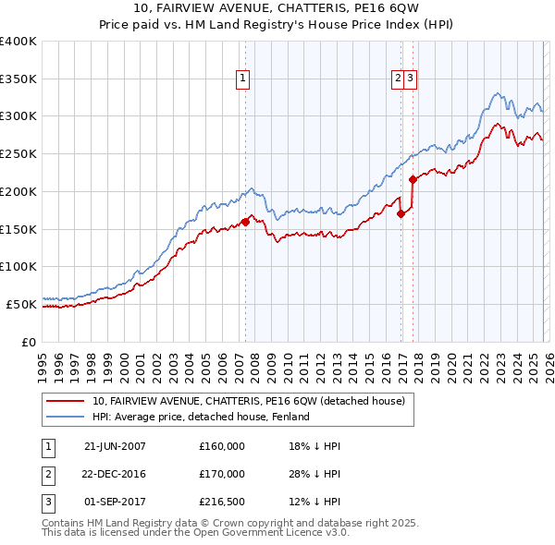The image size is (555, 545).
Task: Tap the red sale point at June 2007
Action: [245, 222]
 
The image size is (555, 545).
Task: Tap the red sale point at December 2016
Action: [401, 213]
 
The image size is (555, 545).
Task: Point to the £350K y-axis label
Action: [18, 79]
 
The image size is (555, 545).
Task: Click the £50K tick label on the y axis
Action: [21, 304]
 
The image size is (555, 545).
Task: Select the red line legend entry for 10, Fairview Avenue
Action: [248, 401]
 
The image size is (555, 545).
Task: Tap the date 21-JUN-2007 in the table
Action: [115, 446]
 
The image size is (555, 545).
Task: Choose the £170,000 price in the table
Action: [222, 474]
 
